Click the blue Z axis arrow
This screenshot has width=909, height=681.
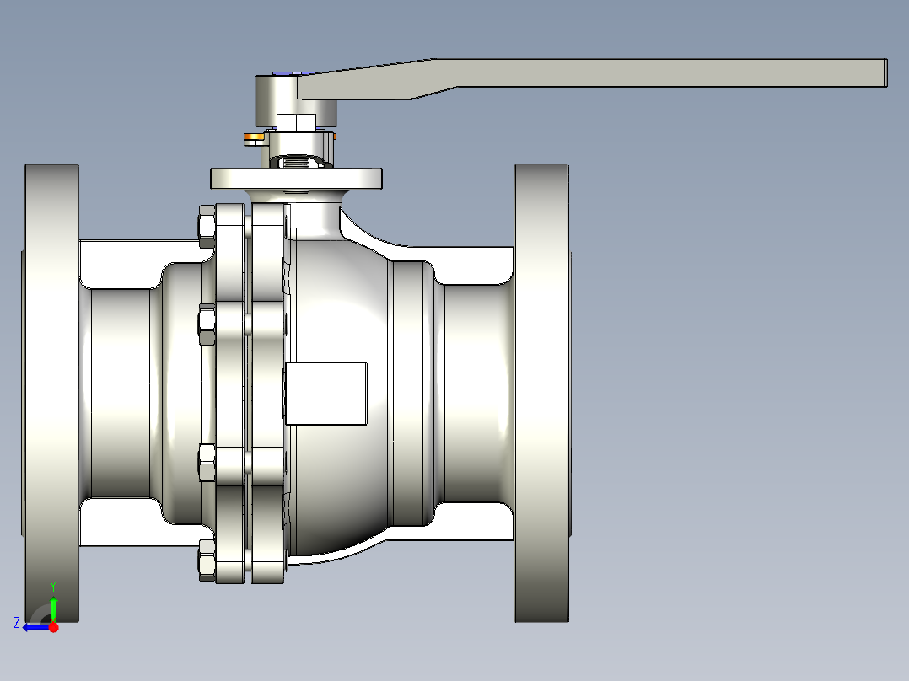pyautogui.click(x=35, y=626)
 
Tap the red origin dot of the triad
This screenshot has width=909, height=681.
pyautogui.click(x=53, y=626)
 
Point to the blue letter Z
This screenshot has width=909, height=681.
pyautogui.click(x=17, y=623)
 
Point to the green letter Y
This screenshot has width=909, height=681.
pyautogui.click(x=52, y=585)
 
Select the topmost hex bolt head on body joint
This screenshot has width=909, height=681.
pyautogui.click(x=205, y=227)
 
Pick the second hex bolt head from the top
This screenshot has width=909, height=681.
pyautogui.click(x=205, y=324)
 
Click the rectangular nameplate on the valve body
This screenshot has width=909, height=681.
pyautogui.click(x=325, y=393)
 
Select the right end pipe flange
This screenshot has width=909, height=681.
pyautogui.click(x=541, y=393)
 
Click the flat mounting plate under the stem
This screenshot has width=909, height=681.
pyautogui.click(x=295, y=179)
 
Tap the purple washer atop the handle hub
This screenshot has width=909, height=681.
pyautogui.click(x=285, y=73)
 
